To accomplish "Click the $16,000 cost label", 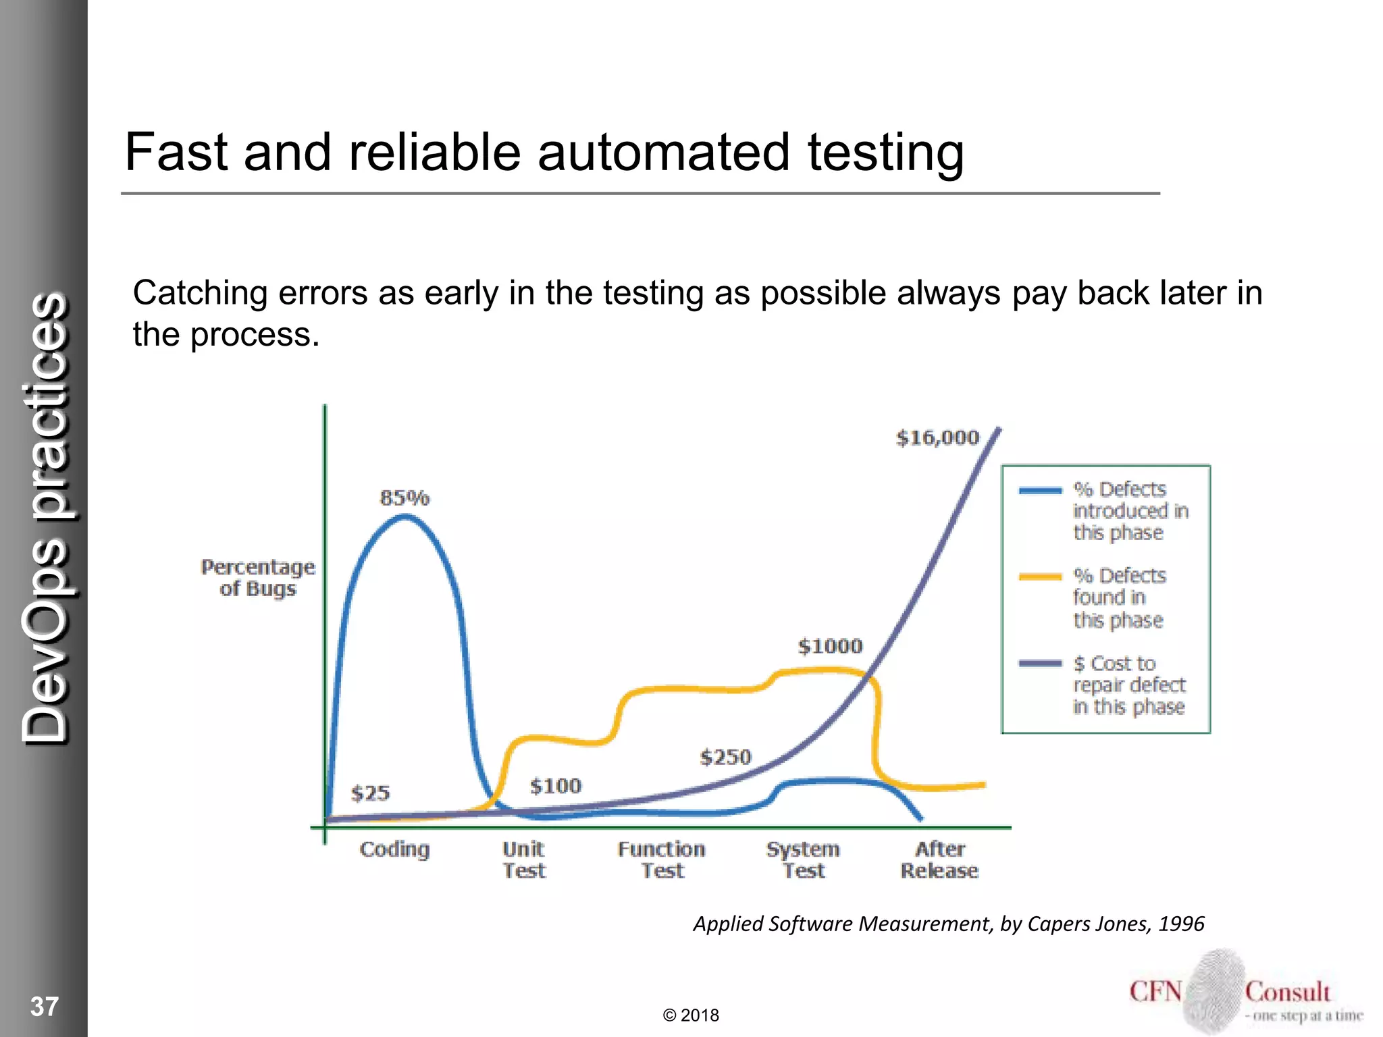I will coord(937,437).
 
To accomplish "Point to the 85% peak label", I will coord(405,498).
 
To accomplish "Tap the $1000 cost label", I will coord(830,646).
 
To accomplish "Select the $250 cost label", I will coord(725,757).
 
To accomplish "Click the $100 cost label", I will coord(555,786).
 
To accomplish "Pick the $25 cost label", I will coord(370,793).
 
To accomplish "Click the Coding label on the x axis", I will coord(394,849).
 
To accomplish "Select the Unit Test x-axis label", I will coord(523,859).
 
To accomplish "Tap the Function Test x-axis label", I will coord(661,859).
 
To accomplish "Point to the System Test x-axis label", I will coord(803,859).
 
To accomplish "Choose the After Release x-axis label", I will coord(939,859).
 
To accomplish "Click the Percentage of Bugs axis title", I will coord(258,578).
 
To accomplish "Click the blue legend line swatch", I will coord(1040,491).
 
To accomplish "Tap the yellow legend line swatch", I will coord(1040,577).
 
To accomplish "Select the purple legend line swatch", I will coord(1040,664).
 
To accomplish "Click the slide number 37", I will coord(45,1007).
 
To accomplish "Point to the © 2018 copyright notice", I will coord(691,1015).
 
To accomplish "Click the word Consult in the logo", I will coord(1287,992).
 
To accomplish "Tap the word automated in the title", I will coord(663,153).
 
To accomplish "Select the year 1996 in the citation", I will coord(1181,924).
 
